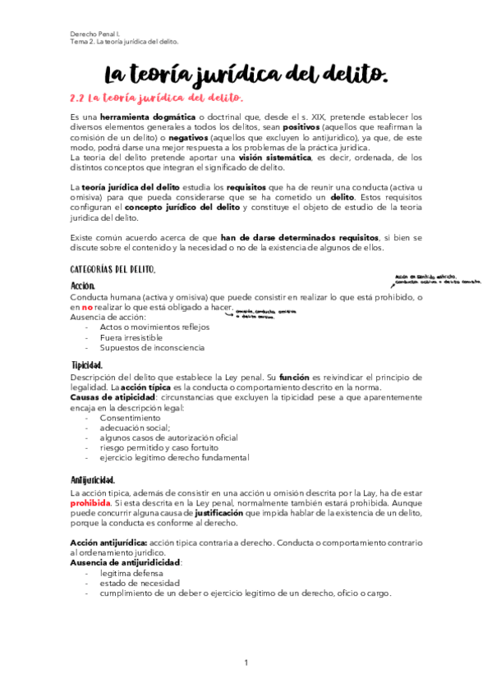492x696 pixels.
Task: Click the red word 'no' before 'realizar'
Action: click(86, 307)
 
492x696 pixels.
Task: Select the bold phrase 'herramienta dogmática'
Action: click(148, 117)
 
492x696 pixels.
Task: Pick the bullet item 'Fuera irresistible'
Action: click(131, 337)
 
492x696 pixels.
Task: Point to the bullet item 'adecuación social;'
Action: click(135, 428)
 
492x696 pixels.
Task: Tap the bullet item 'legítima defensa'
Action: click(129, 574)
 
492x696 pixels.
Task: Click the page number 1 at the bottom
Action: click(246, 662)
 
